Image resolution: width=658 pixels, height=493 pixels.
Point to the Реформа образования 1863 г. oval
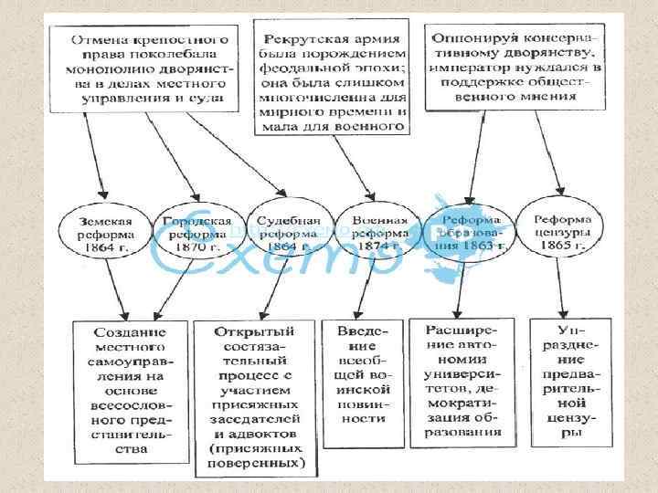click(x=472, y=234)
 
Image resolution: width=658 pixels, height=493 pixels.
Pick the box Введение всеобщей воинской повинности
click(x=361, y=374)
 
